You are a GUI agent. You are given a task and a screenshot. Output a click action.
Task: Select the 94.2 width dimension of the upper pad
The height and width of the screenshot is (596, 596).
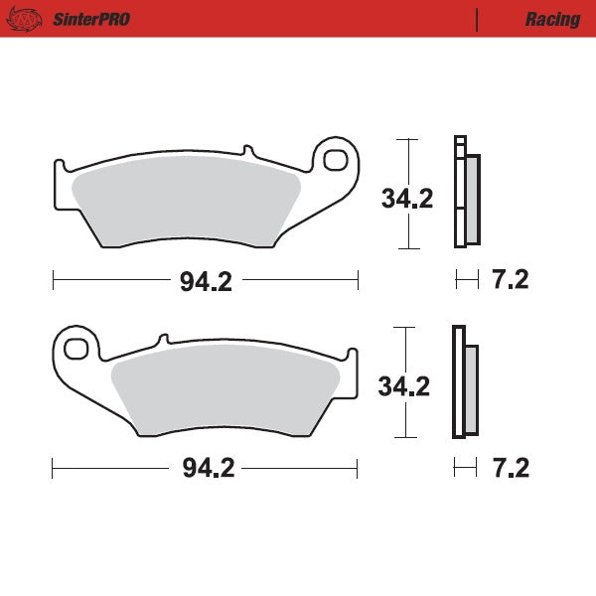tap(206, 281)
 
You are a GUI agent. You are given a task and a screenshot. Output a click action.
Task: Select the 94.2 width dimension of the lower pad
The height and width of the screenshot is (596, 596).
tap(206, 469)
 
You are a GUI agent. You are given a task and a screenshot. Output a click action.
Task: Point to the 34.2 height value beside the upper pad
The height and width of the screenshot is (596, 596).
tap(407, 199)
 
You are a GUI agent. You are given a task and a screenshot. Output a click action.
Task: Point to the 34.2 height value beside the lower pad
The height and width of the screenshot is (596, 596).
tap(404, 385)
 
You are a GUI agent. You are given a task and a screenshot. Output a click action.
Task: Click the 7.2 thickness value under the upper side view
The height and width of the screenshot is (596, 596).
tap(510, 280)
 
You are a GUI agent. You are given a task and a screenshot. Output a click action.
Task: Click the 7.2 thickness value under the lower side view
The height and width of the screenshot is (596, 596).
tap(510, 467)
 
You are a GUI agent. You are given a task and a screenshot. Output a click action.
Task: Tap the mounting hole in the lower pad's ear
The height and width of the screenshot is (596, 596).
tap(74, 348)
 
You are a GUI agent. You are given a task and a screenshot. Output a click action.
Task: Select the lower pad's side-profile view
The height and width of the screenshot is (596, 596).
tap(464, 382)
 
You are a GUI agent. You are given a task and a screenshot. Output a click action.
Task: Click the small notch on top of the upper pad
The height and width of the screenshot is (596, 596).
tap(247, 152)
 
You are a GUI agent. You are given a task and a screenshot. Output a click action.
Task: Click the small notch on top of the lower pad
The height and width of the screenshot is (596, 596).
tap(160, 341)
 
